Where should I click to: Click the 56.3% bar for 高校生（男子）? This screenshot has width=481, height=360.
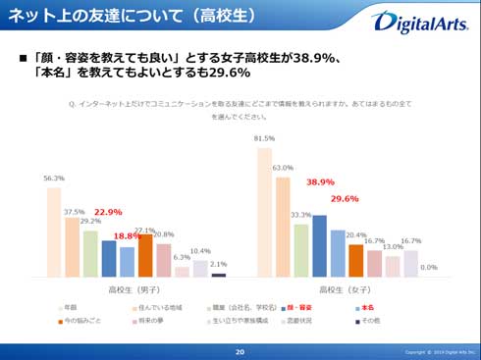(54, 231)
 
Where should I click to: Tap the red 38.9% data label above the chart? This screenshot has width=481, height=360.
(320, 182)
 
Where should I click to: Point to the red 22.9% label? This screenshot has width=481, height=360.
(108, 212)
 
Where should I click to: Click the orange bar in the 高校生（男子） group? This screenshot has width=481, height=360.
(145, 256)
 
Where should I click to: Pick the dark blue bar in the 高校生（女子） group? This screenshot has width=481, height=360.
(320, 246)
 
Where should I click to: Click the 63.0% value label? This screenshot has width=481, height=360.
(283, 168)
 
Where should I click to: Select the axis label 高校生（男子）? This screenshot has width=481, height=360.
(136, 290)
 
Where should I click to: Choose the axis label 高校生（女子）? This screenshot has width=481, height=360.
(345, 290)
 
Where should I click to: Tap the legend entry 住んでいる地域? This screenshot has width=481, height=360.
(157, 307)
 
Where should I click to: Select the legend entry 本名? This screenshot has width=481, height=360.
(362, 307)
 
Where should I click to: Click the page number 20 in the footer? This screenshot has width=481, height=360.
(240, 351)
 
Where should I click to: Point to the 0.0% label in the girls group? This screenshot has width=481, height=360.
(428, 267)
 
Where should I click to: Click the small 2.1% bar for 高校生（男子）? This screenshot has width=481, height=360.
(218, 276)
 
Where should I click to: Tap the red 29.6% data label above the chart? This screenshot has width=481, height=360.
(344, 199)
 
